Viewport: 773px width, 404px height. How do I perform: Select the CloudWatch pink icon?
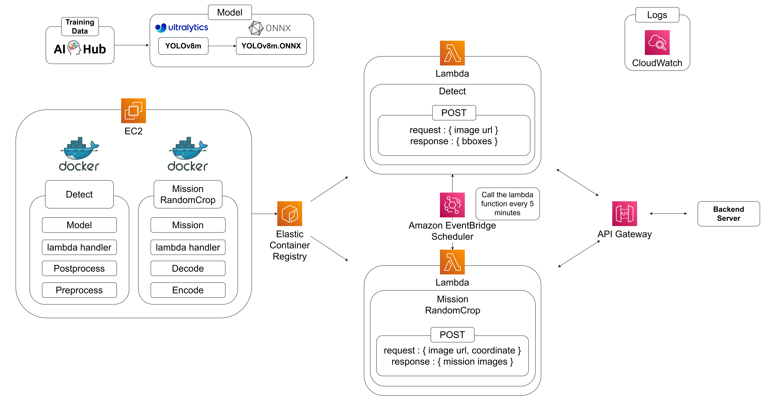click(657, 43)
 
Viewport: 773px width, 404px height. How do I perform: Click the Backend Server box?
click(728, 214)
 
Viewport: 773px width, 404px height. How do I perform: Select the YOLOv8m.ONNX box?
click(271, 46)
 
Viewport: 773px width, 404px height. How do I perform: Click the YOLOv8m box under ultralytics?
click(183, 46)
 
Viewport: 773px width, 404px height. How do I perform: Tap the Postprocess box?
click(79, 268)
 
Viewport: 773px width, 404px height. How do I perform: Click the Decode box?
click(188, 268)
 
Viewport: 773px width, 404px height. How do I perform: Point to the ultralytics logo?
click(182, 28)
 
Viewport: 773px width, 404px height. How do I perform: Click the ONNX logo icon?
click(256, 28)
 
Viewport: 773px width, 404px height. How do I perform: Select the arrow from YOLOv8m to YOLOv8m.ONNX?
click(222, 46)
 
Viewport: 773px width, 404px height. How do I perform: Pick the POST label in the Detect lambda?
click(454, 113)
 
